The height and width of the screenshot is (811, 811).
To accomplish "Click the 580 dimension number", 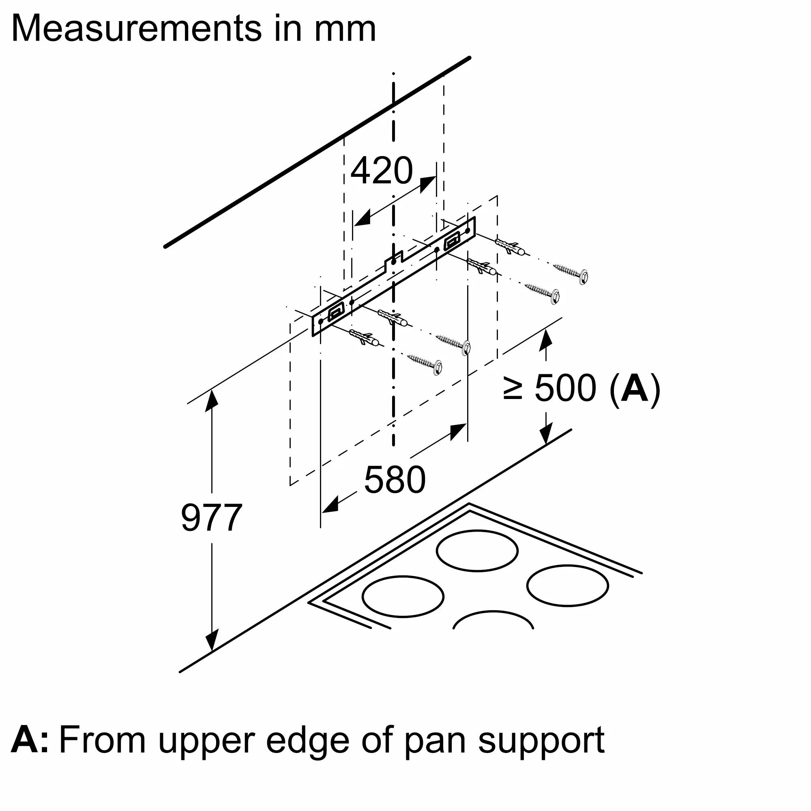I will coord(395,480).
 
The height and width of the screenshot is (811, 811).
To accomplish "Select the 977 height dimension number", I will coord(211,517).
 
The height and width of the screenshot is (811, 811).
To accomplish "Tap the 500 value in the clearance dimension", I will coord(565,388).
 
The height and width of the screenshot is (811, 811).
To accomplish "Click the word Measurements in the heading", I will coord(137,28).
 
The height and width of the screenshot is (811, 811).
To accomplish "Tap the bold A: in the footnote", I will coord(29,740).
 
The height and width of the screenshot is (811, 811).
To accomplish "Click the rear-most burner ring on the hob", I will coord(477,551).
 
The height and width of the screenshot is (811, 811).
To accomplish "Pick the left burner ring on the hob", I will coord(403,596).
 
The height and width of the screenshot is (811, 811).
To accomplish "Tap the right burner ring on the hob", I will coord(567,586).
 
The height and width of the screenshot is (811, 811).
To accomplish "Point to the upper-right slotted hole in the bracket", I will coord(452,242).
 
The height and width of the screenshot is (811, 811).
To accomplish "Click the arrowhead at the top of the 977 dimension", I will coord(212,398).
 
